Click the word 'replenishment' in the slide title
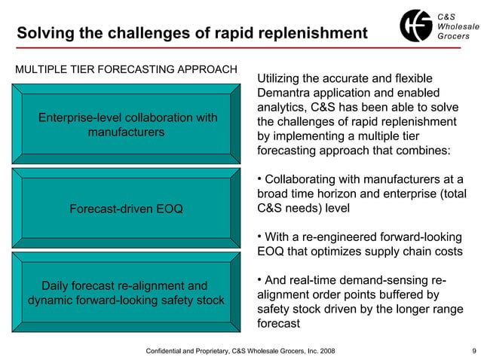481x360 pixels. pos(317,34)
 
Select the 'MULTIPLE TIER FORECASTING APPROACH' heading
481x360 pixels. pos(127,70)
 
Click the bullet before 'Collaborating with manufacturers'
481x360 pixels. pos(260,178)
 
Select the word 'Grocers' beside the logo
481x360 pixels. pos(453,37)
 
